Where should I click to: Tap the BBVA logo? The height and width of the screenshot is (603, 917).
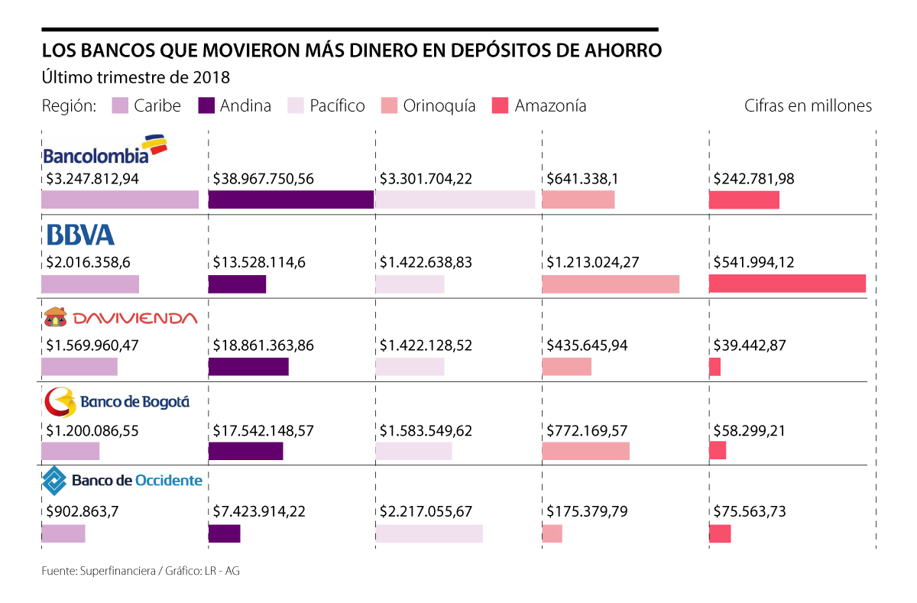80,235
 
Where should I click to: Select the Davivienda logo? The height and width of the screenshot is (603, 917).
120,317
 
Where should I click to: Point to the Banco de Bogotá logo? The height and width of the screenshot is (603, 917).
116,400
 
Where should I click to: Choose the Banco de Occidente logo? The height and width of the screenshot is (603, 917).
122,481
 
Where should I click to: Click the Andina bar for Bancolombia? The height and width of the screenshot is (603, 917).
290,199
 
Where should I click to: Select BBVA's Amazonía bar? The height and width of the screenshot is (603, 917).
787,283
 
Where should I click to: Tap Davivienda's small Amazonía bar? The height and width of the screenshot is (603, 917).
714,367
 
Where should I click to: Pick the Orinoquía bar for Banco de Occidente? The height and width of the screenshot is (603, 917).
552,533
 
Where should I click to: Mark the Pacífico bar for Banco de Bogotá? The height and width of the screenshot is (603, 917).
413,451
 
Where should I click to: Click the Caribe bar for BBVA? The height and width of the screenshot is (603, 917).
90,283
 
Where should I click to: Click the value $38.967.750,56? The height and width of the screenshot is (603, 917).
264,180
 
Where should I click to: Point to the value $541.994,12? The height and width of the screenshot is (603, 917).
753,262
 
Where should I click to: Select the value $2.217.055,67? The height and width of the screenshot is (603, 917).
426,512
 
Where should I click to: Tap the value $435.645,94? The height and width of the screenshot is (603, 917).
587,345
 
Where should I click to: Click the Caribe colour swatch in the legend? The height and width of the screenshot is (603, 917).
120,105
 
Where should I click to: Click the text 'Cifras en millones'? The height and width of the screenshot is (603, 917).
808,105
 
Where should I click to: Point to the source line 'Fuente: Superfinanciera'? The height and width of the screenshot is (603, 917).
141,570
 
